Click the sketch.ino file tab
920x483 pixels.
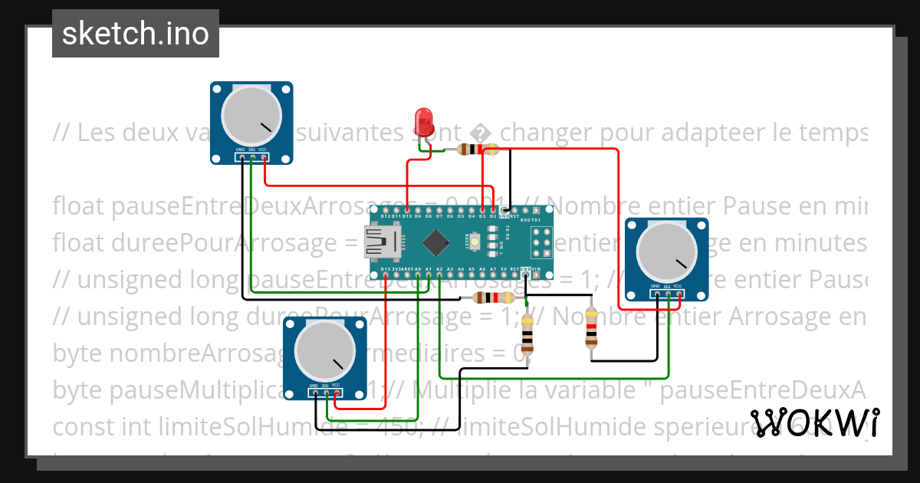[x=136, y=34]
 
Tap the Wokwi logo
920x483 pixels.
[x=814, y=422]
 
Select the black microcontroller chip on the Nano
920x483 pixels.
[x=435, y=242]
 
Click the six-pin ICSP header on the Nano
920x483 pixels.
[x=542, y=242]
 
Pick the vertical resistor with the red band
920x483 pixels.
[x=591, y=328]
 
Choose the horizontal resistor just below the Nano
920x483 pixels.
[x=494, y=297]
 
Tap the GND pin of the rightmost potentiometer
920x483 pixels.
[x=656, y=294]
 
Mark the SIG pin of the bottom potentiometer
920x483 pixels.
[x=326, y=393]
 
